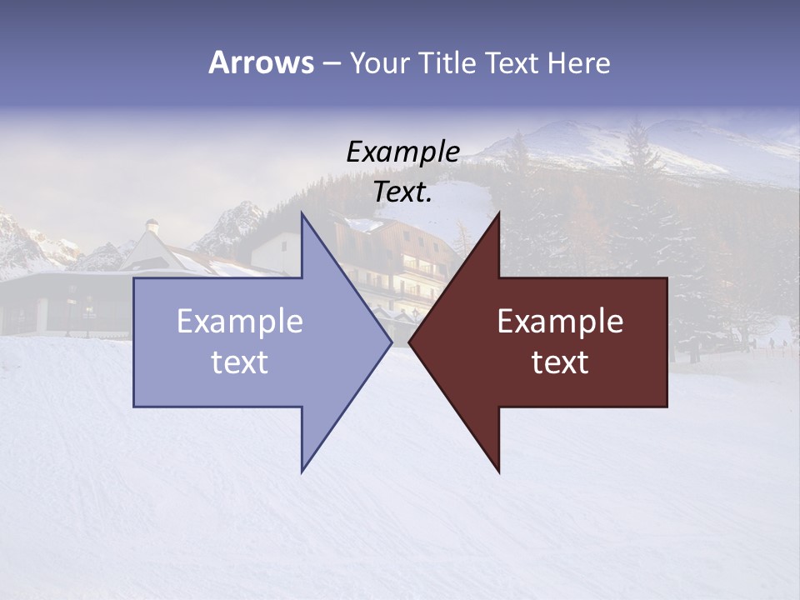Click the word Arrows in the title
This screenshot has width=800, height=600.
(261, 62)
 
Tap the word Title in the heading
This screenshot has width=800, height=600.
(447, 63)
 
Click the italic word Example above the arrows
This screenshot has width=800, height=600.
(403, 152)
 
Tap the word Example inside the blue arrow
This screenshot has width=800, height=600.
(240, 322)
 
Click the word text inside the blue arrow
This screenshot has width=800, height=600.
(240, 362)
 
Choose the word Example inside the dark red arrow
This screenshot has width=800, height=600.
(560, 322)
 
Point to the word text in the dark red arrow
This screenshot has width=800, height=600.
(560, 362)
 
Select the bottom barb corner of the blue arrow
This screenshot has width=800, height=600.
(302, 471)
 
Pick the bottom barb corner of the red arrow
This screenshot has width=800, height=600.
(498, 471)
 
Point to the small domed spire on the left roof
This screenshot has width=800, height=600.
(152, 225)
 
